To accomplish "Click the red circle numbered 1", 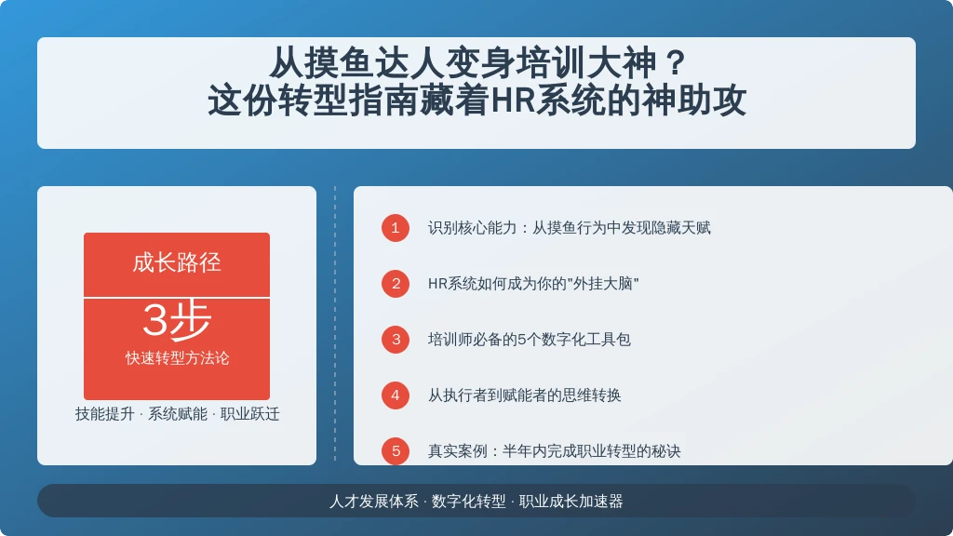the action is [395, 228].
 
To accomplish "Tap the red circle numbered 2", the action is [395, 284].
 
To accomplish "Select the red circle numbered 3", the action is [395, 340].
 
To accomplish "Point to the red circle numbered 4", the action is [395, 395].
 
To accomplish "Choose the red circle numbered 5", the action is [395, 451].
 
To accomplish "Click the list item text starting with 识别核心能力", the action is [569, 228].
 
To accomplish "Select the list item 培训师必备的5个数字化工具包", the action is [529, 340].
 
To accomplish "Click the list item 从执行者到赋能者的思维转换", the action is [524, 395].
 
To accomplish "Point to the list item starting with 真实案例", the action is [554, 451].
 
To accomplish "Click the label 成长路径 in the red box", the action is [176, 263].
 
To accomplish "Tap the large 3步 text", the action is [176, 320].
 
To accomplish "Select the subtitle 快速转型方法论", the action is [177, 358].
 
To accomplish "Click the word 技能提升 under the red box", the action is [104, 414].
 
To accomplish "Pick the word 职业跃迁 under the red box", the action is [249, 414].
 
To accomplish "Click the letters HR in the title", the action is [513, 100].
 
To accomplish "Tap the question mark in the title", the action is [676, 62].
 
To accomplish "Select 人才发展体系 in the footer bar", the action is [374, 502].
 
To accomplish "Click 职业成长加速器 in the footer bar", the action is [570, 502].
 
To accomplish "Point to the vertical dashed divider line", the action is [335, 325].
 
